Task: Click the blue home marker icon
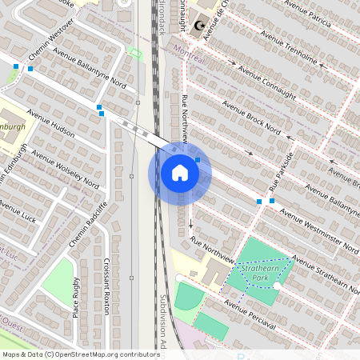[x=180, y=172]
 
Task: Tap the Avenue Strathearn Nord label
[x=325, y=272]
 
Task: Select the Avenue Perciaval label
[x=250, y=314]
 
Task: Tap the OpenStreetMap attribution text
[x=80, y=354]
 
